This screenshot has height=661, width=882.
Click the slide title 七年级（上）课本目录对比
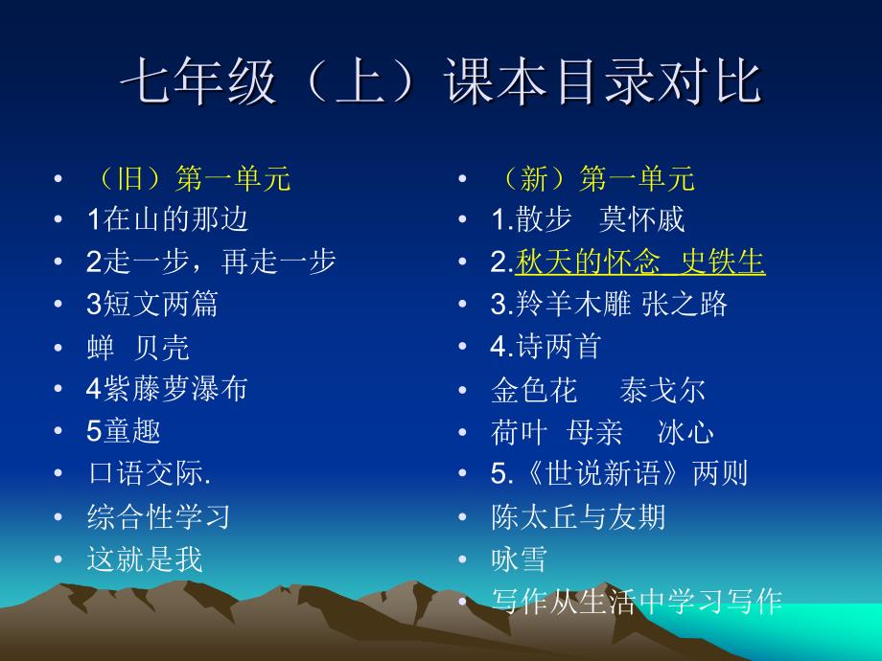point(441,81)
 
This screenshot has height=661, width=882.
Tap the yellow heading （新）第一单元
point(596,178)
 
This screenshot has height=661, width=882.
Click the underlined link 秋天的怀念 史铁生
point(640,262)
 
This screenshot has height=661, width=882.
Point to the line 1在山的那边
point(167,219)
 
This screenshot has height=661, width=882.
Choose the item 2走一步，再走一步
point(211,262)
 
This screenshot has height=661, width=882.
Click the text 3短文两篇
point(151,304)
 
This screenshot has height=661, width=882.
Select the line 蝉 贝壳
point(138,348)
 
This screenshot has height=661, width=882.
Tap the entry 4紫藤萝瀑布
point(167,388)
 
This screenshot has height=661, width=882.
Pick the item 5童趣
point(123,430)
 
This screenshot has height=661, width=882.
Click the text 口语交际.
point(149,473)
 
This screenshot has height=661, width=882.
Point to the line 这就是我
point(145,559)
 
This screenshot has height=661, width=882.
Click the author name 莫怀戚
point(641,219)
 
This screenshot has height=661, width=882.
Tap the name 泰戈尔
point(662,390)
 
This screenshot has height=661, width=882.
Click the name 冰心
point(685,433)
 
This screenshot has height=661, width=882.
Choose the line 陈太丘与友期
point(578,516)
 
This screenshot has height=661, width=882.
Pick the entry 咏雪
point(520,559)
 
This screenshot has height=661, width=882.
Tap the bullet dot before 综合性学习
point(58,517)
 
